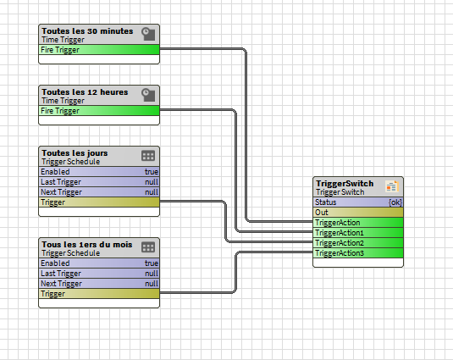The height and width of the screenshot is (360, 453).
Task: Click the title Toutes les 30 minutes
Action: point(87,30)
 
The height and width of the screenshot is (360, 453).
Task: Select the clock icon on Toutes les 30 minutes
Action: point(148,34)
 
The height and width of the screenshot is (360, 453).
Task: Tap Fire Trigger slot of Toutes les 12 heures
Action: point(99,111)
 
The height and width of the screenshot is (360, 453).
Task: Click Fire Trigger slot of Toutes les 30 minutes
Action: point(99,50)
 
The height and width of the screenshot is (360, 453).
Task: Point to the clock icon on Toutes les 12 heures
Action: point(148,95)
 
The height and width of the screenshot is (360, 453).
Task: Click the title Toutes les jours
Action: point(75,152)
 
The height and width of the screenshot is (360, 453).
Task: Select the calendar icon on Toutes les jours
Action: point(148,156)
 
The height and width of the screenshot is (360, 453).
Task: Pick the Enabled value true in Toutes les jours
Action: point(152,172)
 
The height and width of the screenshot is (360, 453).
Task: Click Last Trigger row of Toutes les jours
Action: point(99,182)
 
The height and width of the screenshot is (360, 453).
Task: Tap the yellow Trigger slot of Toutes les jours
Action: point(99,202)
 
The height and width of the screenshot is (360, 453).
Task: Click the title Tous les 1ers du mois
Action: point(87,245)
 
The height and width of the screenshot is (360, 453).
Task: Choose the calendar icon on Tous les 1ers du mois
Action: point(148,247)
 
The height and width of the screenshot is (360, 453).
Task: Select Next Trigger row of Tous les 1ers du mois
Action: point(99,284)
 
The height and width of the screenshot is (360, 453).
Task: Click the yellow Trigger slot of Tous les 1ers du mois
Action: point(99,294)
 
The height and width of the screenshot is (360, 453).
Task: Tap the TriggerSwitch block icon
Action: point(392,186)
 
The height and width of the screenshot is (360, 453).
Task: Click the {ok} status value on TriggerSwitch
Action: point(395,202)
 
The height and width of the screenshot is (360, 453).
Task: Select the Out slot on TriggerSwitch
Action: point(358,213)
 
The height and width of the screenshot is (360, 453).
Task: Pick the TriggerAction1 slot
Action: point(358,233)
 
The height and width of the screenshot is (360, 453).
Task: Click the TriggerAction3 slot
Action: point(358,253)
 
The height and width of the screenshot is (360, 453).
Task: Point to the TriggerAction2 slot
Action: point(358,243)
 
